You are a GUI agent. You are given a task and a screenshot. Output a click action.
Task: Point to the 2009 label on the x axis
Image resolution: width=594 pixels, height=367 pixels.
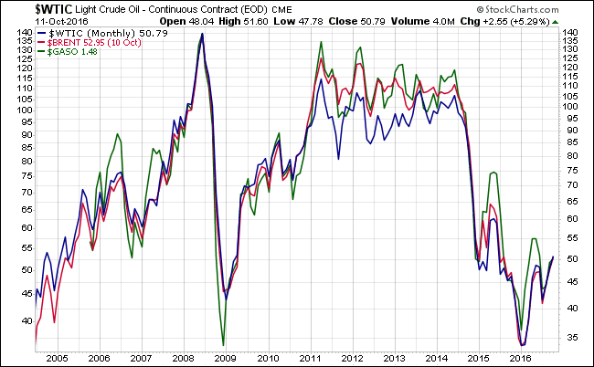[x=225, y=360]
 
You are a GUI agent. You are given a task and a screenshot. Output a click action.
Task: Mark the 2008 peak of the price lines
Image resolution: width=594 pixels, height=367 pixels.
[x=201, y=35]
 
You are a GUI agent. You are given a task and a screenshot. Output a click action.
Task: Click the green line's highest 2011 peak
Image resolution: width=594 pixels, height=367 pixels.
[x=321, y=42]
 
